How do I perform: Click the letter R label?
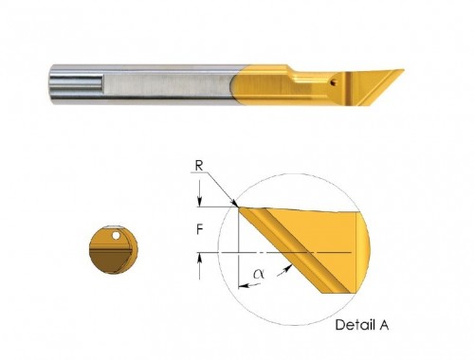[199, 166]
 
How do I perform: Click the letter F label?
[199, 229]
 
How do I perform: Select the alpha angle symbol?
[259, 274]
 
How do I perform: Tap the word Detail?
[353, 325]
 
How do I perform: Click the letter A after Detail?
[384, 325]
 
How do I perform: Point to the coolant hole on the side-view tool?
[333, 83]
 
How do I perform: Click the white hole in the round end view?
[117, 235]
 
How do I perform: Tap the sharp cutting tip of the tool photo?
[403, 70]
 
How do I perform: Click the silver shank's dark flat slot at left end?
[76, 81]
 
